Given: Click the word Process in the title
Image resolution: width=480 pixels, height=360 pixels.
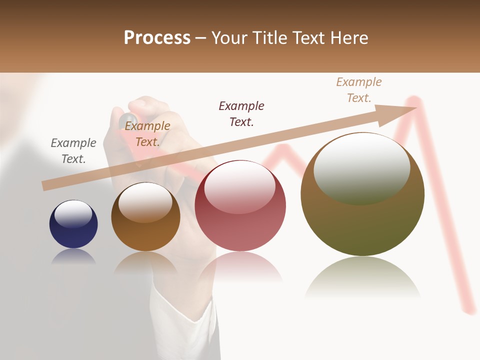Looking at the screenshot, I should (157, 38).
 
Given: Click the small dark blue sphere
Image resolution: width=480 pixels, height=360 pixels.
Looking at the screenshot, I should (73, 230).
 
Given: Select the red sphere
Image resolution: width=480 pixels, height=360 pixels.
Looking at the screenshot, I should (240, 220).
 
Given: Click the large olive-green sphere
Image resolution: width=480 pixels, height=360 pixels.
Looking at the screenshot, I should (362, 220).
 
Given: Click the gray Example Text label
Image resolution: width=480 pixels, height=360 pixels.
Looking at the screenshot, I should (73, 150).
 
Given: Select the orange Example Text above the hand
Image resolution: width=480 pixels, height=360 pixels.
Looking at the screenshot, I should (147, 134).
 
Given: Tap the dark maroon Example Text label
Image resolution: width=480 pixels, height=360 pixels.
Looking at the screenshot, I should (241, 113).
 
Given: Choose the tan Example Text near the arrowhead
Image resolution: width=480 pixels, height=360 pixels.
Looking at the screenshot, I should (359, 89).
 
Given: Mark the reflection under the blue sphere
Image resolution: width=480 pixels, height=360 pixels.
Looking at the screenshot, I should (73, 256).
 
